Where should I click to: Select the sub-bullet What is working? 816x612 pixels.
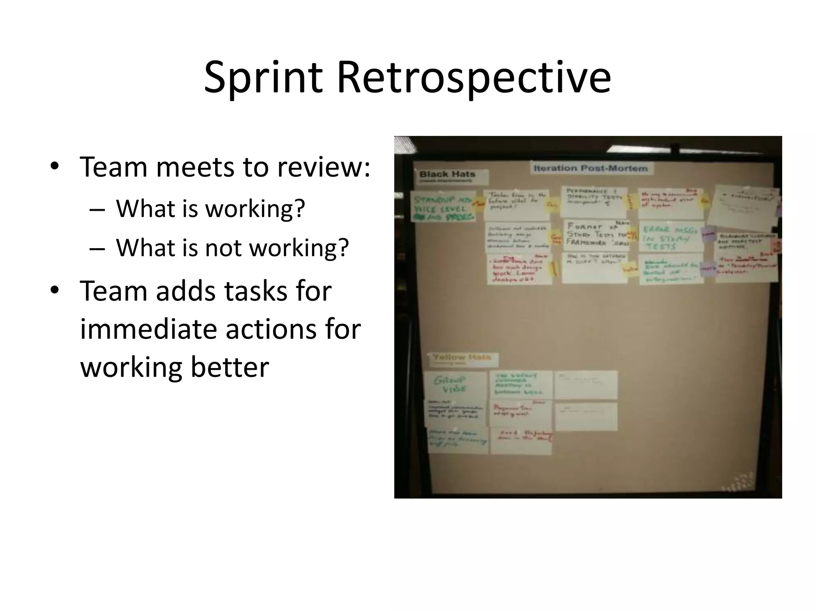(210, 208)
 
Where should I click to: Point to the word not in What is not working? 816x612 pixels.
(223, 247)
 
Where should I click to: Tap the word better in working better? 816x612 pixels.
(229, 367)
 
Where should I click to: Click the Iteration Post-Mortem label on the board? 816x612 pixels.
(590, 168)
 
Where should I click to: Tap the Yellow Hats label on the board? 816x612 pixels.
(461, 357)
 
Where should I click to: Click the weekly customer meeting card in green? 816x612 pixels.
(520, 384)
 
